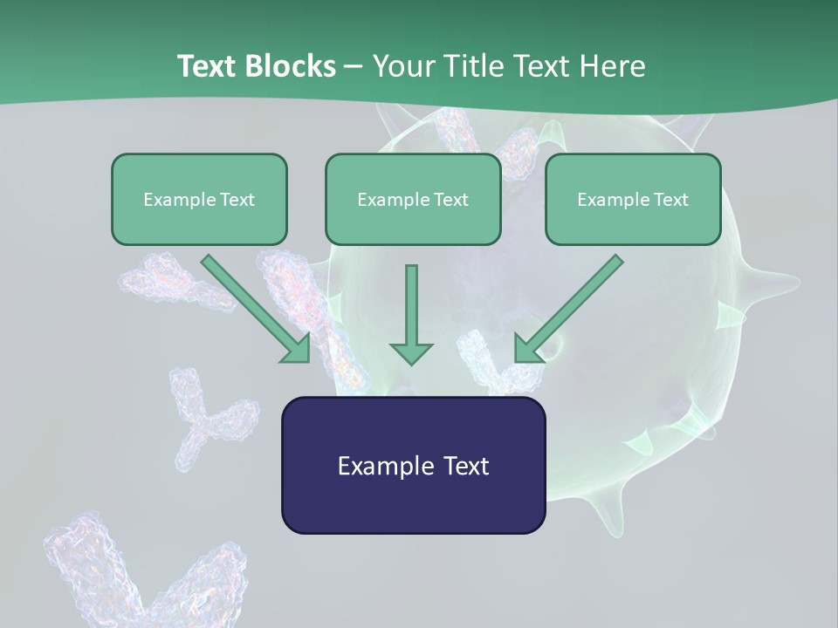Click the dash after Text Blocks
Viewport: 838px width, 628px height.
(x=354, y=67)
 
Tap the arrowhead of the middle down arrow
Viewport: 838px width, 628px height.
(x=411, y=352)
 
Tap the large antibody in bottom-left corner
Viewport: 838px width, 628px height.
(x=131, y=576)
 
